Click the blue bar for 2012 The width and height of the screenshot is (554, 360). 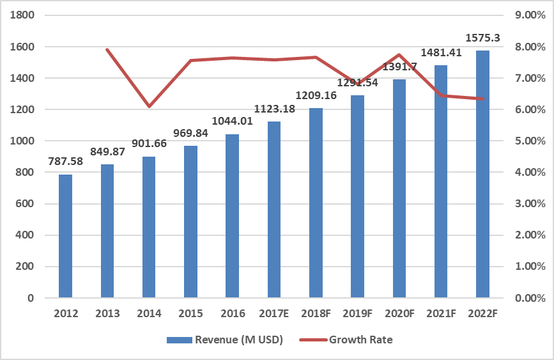pyautogui.click(x=66, y=237)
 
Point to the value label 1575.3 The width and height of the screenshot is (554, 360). pyautogui.click(x=483, y=38)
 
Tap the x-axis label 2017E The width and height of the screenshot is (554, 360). pyautogui.click(x=274, y=313)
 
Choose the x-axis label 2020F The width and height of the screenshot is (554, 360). pyautogui.click(x=399, y=313)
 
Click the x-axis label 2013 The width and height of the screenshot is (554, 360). pyautogui.click(x=107, y=313)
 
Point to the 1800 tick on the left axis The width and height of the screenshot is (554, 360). pyautogui.click(x=22, y=15)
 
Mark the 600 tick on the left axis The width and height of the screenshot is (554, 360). pyautogui.click(x=25, y=204)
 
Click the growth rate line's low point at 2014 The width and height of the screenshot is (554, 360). pyautogui.click(x=149, y=106)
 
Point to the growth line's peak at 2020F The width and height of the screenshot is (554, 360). pyautogui.click(x=399, y=55)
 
